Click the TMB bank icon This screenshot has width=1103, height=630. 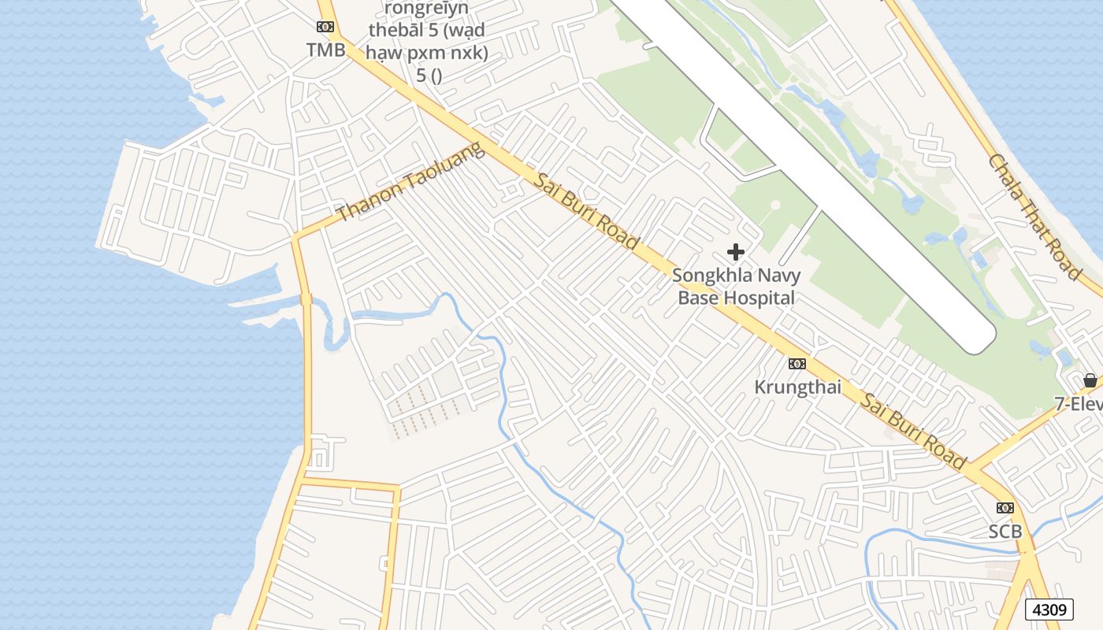[325, 27]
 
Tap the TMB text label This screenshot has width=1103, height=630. [325, 50]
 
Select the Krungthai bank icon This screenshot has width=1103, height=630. [797, 364]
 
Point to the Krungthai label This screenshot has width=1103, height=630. [797, 387]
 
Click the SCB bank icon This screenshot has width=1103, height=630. [1005, 508]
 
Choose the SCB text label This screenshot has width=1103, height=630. [1005, 532]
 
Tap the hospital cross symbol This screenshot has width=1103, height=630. [736, 252]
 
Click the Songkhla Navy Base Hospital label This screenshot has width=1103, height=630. [736, 287]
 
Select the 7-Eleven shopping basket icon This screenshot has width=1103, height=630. [1090, 380]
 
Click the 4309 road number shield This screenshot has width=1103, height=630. [1049, 610]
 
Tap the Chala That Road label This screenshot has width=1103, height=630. [1034, 217]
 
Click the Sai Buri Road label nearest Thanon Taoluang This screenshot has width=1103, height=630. [587, 211]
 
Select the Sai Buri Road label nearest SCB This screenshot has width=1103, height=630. [912, 432]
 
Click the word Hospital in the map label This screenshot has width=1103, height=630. [759, 298]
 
